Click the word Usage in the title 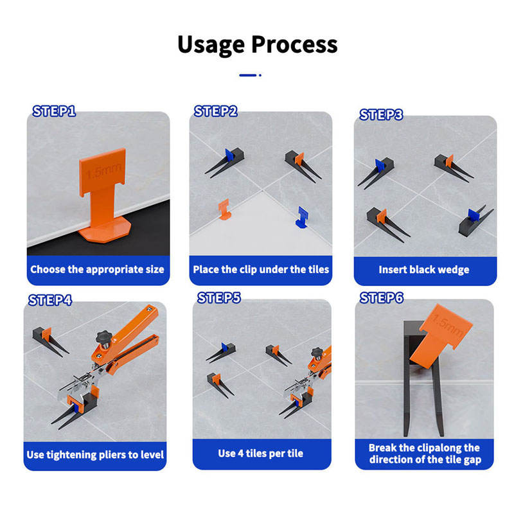click(211, 45)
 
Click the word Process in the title click(294, 44)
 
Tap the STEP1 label click(54, 111)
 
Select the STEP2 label click(215, 111)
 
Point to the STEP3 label click(381, 115)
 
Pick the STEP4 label click(50, 300)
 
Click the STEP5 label click(218, 297)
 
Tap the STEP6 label click(381, 297)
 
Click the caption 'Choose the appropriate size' click(97, 269)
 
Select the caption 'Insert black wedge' click(424, 269)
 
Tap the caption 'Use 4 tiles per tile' click(261, 454)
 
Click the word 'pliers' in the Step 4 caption click(112, 455)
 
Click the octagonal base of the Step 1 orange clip click(105, 229)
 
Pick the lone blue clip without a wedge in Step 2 click(302, 217)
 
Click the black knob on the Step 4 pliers click(104, 338)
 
